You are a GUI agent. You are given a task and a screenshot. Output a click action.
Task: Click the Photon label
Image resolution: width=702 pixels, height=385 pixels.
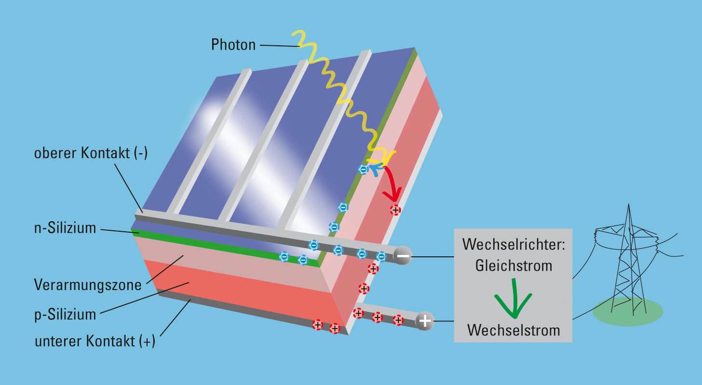233,44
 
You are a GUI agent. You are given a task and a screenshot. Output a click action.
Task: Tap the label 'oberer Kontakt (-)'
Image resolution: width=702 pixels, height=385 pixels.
91,153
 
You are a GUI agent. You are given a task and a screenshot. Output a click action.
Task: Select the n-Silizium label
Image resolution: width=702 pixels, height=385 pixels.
65,228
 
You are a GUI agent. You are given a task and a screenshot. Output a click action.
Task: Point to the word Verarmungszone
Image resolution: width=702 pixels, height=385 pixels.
88,285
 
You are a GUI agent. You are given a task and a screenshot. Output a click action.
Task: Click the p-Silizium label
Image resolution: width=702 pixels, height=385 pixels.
65,314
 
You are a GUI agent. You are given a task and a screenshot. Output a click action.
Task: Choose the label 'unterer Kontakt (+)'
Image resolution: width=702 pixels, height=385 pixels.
95,341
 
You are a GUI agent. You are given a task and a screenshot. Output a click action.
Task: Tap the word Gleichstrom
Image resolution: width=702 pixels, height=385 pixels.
513,266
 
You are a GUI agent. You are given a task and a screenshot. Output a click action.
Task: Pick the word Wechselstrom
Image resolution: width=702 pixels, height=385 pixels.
513,330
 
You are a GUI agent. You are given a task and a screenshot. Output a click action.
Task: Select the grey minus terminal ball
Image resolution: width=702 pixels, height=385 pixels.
403,256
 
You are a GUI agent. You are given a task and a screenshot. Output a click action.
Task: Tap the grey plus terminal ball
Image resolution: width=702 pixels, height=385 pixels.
425,321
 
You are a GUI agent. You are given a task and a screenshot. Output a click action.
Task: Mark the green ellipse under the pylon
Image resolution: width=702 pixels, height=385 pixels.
628,311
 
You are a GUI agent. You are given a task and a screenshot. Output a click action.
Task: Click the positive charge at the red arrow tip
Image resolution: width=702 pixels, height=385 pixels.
395,210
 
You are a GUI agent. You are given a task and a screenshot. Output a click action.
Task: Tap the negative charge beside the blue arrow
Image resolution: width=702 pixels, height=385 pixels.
364,170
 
